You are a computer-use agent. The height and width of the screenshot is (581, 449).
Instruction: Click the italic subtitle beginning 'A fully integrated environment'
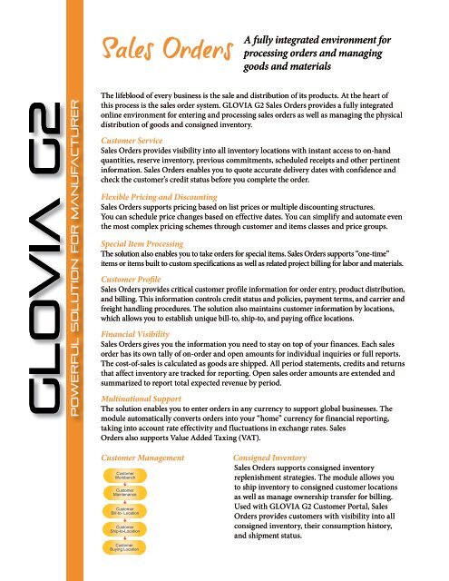(336, 53)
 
